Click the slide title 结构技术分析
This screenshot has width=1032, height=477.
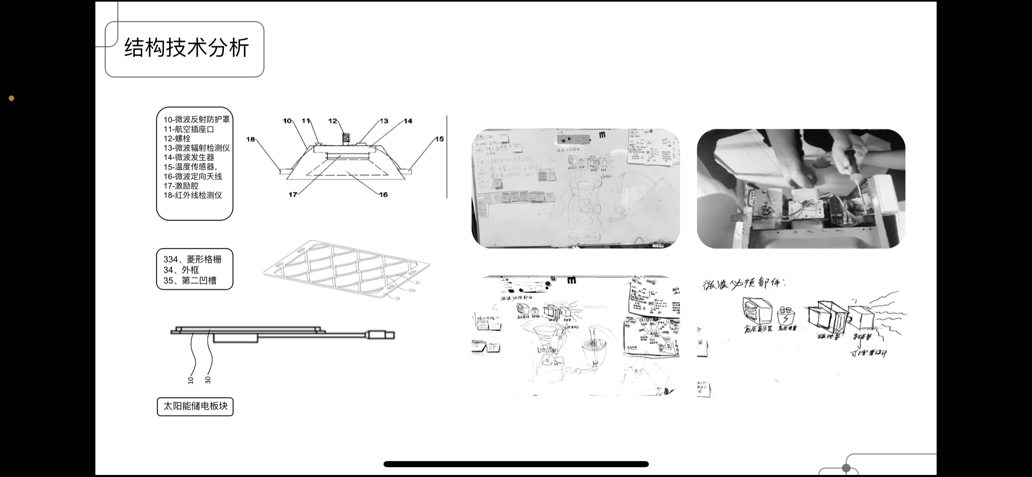186,49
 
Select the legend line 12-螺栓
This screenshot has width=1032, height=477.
177,139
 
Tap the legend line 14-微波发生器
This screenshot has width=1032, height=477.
189,157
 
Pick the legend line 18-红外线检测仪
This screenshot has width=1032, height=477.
193,195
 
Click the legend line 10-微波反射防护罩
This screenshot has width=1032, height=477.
196,119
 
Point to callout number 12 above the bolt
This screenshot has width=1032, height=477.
333,121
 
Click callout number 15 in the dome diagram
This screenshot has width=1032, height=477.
439,139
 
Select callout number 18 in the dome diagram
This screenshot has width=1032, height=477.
250,139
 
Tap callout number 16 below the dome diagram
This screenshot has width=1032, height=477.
383,195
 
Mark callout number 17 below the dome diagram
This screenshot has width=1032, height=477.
293,195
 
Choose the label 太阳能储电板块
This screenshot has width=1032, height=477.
195,406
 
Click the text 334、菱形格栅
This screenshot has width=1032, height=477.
192,260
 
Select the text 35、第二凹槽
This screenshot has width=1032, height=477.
190,280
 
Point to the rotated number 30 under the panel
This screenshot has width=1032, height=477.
208,380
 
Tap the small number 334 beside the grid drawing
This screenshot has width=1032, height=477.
412,291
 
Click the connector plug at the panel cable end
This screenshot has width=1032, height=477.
381,335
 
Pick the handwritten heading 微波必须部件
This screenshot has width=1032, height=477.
743,283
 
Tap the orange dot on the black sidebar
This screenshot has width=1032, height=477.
11,98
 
